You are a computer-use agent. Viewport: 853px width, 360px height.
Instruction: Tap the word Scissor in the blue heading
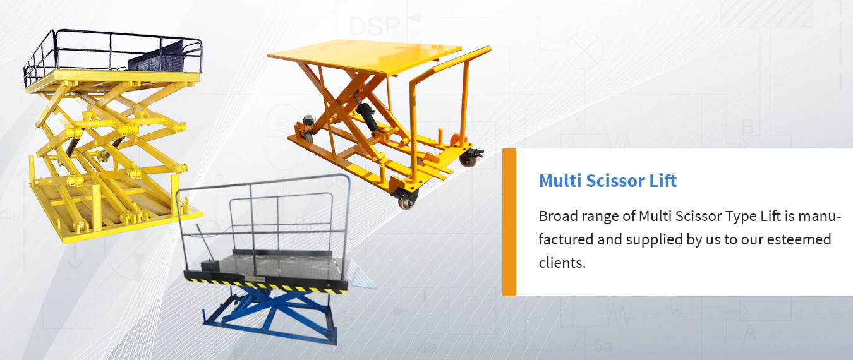[x=615, y=181]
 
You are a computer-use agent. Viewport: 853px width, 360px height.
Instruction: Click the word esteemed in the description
[x=799, y=240]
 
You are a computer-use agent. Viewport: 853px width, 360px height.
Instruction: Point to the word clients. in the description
[x=562, y=263]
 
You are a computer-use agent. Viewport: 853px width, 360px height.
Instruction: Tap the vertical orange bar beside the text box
[x=509, y=222]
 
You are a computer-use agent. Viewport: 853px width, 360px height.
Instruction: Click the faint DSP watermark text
[x=374, y=27]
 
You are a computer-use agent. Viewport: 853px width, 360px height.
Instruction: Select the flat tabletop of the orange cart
[x=364, y=56]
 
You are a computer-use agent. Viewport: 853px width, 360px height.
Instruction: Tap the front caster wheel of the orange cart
[x=408, y=198]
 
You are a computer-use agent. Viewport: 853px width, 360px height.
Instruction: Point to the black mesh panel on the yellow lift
[x=157, y=57]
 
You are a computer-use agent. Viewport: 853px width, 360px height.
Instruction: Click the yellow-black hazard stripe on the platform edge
[x=266, y=286]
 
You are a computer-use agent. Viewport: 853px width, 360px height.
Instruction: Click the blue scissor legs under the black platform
[x=270, y=314]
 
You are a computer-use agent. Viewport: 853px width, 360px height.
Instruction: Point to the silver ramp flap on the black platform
[x=360, y=275]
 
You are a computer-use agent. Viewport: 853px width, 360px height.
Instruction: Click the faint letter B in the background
[x=747, y=127]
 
